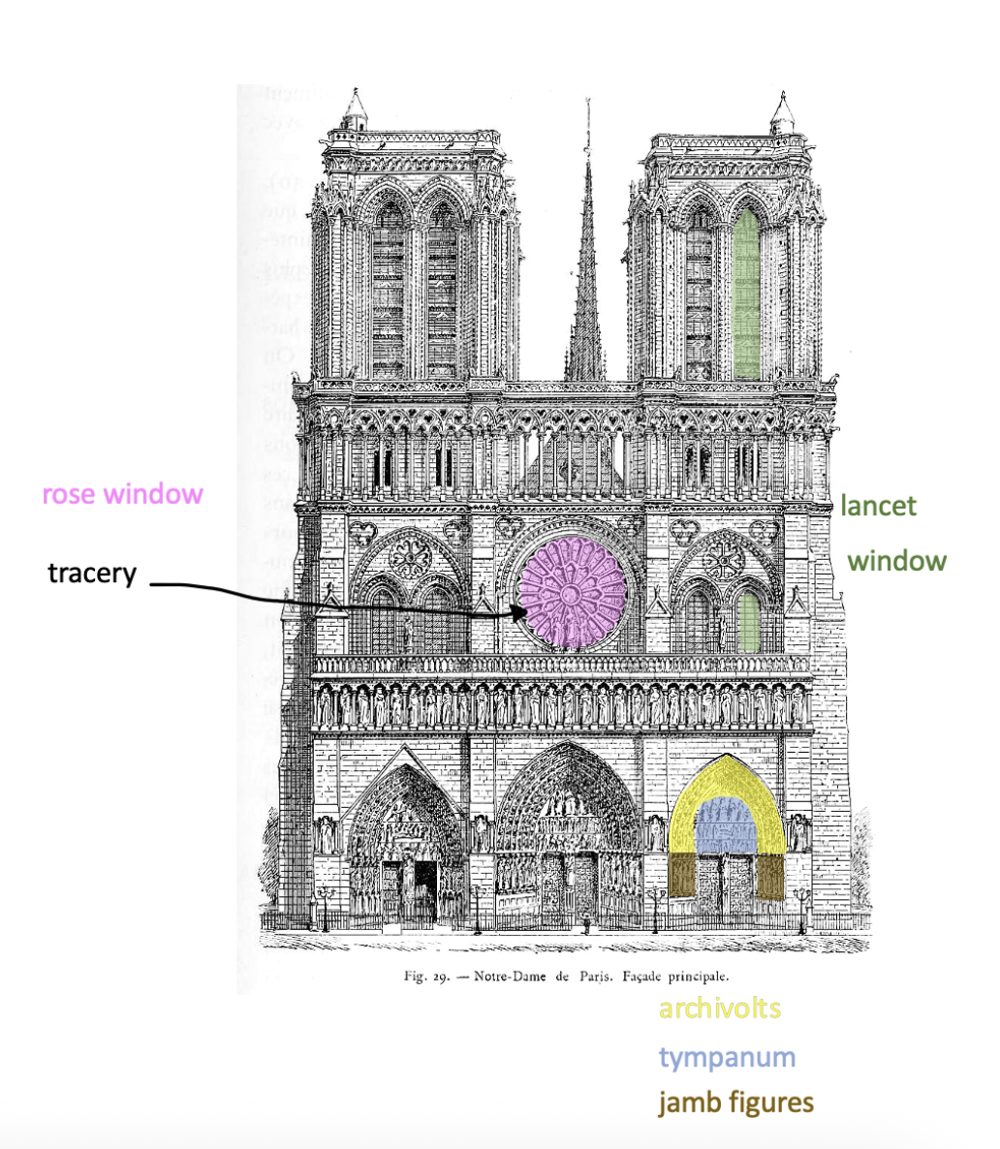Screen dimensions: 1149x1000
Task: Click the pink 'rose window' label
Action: tap(122, 494)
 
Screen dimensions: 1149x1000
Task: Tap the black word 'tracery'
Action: tap(92, 574)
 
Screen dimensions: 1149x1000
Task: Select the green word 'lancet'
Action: tap(878, 506)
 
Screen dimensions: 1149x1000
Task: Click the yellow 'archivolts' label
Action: tap(719, 1009)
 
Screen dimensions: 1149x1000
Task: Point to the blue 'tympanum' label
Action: tap(727, 1057)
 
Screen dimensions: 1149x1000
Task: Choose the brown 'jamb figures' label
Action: tap(735, 1102)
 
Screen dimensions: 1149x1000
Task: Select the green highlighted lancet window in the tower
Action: tap(746, 295)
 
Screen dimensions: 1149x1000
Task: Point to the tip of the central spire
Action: tap(587, 101)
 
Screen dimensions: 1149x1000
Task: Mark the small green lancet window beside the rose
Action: tap(746, 622)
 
